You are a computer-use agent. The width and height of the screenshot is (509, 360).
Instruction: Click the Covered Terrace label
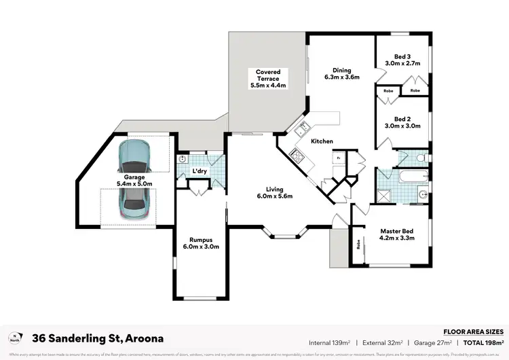point(267,79)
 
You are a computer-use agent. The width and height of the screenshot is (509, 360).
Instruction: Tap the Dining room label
point(341,73)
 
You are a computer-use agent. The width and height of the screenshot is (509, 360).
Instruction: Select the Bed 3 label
point(403,60)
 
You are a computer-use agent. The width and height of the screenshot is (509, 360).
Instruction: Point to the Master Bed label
point(397,235)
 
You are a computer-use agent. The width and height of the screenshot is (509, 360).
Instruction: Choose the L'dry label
point(200,171)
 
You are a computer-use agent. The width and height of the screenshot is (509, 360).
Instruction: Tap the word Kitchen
point(322,141)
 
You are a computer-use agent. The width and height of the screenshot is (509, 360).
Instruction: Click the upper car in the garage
point(133,157)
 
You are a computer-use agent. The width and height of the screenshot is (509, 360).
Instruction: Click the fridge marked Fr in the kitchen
point(338,158)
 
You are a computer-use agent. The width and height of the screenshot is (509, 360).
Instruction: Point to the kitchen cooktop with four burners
point(297,155)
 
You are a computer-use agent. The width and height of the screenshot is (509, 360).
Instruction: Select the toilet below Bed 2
point(421,158)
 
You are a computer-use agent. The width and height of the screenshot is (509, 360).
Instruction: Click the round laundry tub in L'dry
point(182,159)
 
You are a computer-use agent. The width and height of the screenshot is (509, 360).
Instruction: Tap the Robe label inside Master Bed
point(357,242)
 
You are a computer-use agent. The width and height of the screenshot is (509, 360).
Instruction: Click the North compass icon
point(15,338)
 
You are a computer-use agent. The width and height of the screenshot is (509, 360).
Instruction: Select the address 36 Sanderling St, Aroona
point(98,338)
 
